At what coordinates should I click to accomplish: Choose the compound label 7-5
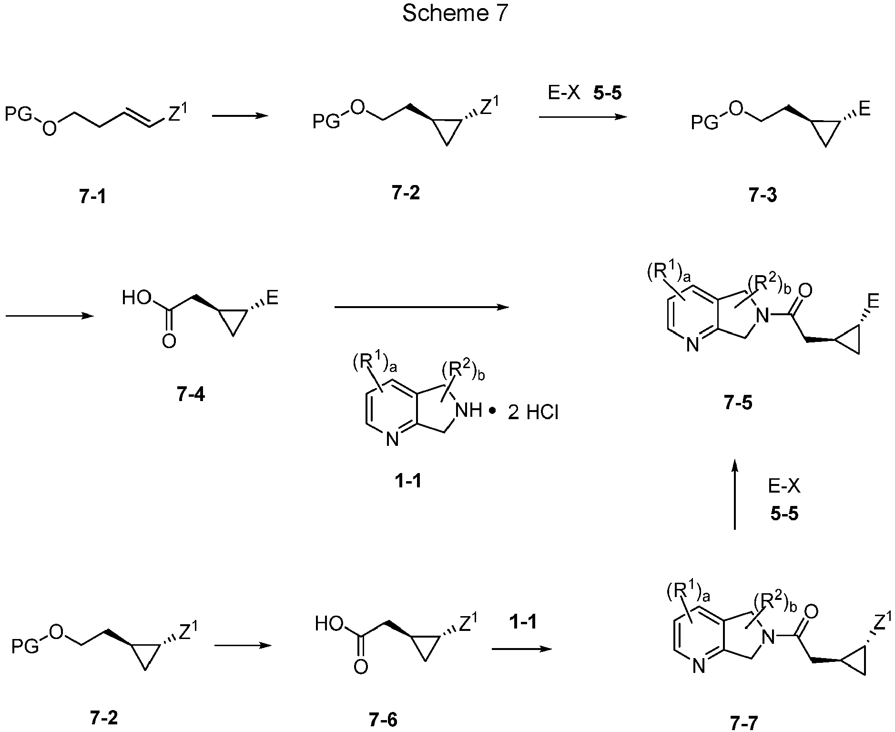click(x=738, y=403)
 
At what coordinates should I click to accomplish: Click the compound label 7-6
click(x=383, y=719)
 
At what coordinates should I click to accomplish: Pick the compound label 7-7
click(x=743, y=723)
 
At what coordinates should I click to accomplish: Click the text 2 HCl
click(x=533, y=412)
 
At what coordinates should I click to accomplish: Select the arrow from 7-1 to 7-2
click(x=240, y=115)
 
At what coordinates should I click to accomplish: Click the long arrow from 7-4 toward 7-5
click(x=422, y=308)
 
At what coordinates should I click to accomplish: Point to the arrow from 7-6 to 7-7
click(x=522, y=649)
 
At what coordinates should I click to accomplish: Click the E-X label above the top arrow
click(x=564, y=93)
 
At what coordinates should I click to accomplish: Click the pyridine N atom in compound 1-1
click(x=392, y=439)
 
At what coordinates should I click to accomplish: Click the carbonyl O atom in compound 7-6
click(x=361, y=666)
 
